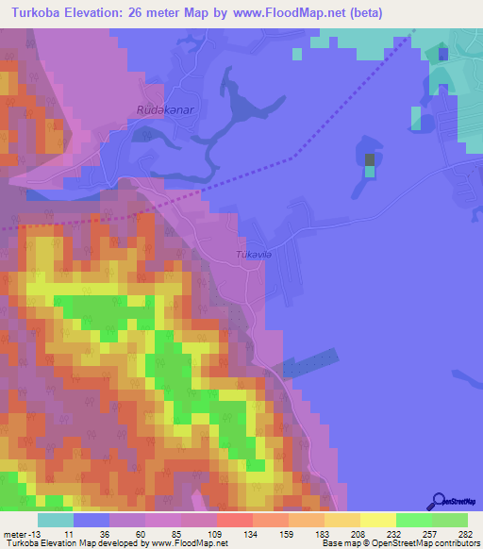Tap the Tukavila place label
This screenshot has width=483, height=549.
254,254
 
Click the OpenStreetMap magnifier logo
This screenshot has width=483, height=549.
437,502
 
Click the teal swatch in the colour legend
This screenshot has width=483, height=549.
56,520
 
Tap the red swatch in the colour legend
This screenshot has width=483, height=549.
234,520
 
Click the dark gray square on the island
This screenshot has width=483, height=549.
370,160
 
